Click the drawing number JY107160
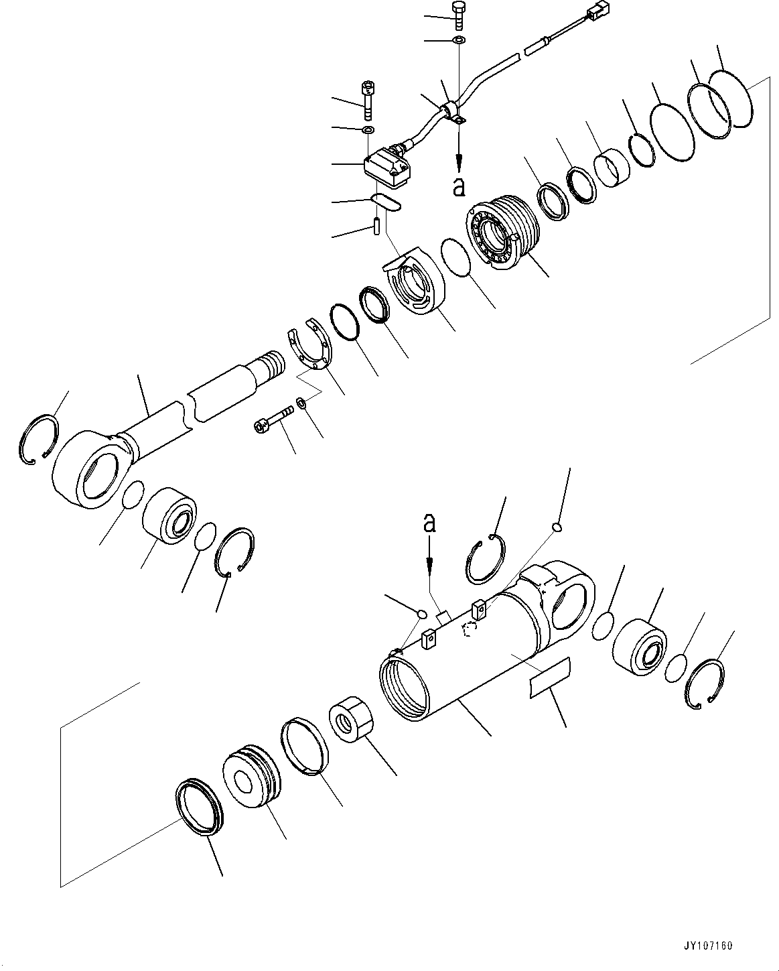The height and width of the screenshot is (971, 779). (709, 946)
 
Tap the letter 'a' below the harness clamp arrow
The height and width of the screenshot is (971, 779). (459, 187)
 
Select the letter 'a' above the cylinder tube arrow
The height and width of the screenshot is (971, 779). (429, 523)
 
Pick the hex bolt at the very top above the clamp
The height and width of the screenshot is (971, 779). (459, 13)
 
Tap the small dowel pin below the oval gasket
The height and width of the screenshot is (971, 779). (376, 224)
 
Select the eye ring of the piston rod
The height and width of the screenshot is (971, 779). (90, 468)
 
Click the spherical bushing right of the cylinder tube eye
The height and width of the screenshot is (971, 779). (639, 645)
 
